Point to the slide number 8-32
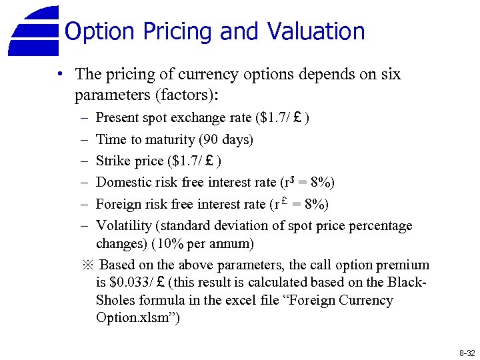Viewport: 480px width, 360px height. pos(467,351)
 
